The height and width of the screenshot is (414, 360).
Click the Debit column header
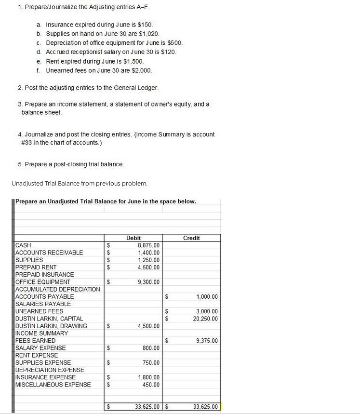[133, 238]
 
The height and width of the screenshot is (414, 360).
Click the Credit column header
[191, 238]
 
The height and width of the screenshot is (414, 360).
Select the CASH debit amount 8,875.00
[149, 245]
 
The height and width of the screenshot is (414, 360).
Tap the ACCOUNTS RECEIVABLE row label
[49, 253]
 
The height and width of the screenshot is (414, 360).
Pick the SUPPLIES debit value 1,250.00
[149, 260]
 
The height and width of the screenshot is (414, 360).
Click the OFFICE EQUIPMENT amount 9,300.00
[149, 282]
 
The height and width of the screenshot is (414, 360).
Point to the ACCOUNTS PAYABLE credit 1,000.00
[207, 296]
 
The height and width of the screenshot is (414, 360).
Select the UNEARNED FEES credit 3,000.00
[207, 311]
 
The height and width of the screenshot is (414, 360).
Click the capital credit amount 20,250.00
[205, 319]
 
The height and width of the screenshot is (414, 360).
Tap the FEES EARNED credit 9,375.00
[207, 341]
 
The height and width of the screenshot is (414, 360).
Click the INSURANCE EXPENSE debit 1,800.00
[149, 377]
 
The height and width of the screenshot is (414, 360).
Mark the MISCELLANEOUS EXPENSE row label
[53, 385]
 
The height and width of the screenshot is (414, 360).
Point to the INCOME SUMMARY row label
[42, 334]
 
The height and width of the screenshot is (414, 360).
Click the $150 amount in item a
[146, 24]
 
